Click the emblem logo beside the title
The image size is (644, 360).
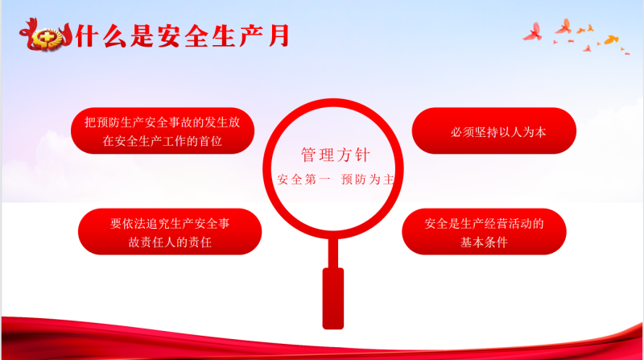pyautogui.click(x=46, y=35)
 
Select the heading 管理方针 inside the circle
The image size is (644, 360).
pyautogui.click(x=336, y=155)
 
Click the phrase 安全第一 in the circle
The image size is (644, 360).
pyautogui.click(x=303, y=179)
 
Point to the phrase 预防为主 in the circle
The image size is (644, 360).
pyautogui.click(x=368, y=179)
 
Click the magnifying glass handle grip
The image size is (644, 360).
pyautogui.click(x=333, y=298)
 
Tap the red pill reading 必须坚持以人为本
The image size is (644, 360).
pyautogui.click(x=494, y=130)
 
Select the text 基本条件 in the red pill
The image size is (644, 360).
pyautogui.click(x=484, y=242)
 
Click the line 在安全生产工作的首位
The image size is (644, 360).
pyautogui.click(x=163, y=141)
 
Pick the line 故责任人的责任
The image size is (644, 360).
pyautogui.click(x=170, y=242)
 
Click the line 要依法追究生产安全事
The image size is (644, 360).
pyautogui.click(x=170, y=223)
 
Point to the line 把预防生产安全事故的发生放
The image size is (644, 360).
pyautogui.click(x=163, y=122)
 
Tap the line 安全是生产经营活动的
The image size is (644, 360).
pyautogui.click(x=484, y=224)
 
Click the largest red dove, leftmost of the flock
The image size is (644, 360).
pyautogui.click(x=533, y=32)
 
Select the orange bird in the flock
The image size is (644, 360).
pyautogui.click(x=612, y=39)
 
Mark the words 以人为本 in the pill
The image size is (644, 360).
pyautogui.click(x=522, y=132)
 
